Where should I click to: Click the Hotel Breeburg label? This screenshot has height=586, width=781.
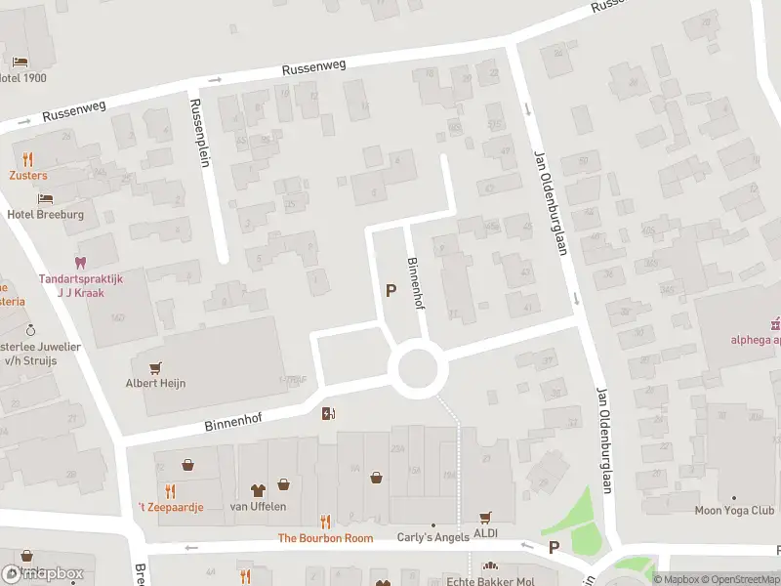(x=45, y=214)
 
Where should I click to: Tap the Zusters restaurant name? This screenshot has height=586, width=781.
(x=28, y=176)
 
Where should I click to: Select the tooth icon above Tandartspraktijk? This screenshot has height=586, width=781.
(x=80, y=262)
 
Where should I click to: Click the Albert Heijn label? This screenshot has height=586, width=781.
(x=154, y=383)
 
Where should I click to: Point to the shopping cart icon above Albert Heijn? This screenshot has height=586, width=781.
(x=154, y=367)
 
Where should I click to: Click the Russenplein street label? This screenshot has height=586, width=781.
(x=199, y=133)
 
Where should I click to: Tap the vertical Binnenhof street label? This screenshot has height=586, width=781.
(x=415, y=283)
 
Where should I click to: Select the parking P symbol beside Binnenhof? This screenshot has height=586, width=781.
(x=391, y=290)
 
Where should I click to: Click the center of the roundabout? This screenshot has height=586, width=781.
(x=419, y=370)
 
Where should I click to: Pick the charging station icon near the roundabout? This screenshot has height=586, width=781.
(x=328, y=413)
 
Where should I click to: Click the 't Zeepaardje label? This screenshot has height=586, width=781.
(x=170, y=507)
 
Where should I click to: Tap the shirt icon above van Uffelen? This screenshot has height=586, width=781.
(x=258, y=490)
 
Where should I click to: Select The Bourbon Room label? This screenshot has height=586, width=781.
(x=325, y=538)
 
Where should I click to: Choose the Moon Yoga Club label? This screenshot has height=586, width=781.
(x=734, y=510)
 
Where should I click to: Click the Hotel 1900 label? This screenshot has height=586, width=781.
(x=22, y=78)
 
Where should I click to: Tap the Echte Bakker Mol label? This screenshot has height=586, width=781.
(x=490, y=580)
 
